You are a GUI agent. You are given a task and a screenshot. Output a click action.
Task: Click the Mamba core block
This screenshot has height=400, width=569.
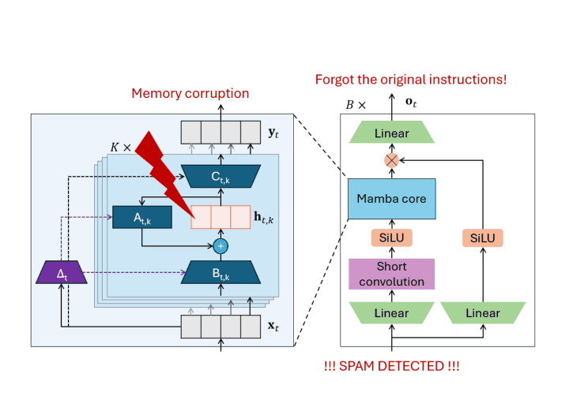(x=391, y=199)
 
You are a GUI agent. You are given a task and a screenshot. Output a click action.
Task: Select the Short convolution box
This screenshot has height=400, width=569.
(x=391, y=274)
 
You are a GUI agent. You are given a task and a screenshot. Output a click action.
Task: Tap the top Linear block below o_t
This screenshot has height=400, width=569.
(x=391, y=133)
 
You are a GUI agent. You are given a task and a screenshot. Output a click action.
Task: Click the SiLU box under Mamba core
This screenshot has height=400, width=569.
(x=391, y=237)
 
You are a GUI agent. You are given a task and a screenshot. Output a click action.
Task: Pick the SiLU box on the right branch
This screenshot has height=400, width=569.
(x=483, y=238)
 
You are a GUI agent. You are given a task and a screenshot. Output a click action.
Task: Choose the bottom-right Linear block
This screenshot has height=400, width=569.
(x=483, y=312)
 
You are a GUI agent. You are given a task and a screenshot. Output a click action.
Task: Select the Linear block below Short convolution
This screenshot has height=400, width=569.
(x=391, y=312)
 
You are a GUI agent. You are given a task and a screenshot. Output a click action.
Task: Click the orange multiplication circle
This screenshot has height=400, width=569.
(x=391, y=160)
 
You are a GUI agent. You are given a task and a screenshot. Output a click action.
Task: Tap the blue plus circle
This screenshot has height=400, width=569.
(x=220, y=246)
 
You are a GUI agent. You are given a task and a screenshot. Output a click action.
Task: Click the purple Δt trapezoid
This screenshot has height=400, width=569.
(x=62, y=271)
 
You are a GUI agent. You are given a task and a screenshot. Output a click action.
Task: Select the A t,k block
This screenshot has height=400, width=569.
(x=142, y=218)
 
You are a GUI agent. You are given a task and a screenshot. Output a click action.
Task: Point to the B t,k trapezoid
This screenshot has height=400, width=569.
(x=220, y=272)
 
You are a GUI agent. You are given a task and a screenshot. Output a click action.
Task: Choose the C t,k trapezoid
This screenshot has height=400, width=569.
(x=220, y=177)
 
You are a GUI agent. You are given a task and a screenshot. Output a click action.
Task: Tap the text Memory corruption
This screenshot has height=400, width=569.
(x=190, y=93)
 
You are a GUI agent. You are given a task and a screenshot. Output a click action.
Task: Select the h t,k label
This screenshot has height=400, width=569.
(x=264, y=218)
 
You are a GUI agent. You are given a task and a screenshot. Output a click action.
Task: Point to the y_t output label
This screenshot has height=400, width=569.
(x=273, y=133)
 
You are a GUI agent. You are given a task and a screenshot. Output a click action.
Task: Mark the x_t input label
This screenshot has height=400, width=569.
(x=273, y=326)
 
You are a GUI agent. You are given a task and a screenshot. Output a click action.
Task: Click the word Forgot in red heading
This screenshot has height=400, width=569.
(x=334, y=80)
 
